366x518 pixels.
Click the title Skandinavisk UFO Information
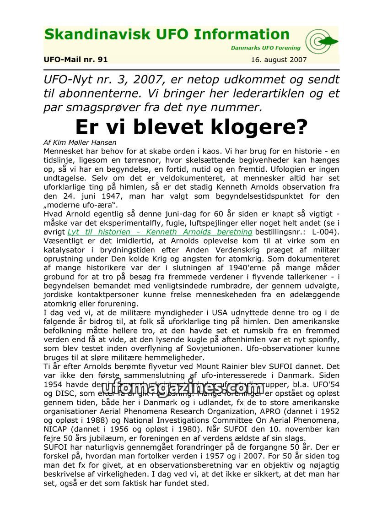coord(167,35)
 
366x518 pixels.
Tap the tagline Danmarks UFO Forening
coord(265,48)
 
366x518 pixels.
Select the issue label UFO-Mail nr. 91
coord(75,60)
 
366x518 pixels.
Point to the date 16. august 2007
coord(279,60)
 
